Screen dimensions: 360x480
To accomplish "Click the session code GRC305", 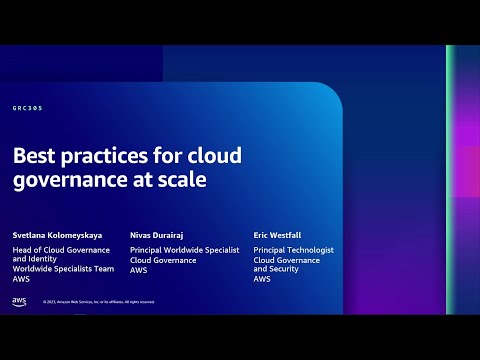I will pos(27,108).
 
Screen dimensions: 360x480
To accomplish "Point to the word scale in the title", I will pos(180,181).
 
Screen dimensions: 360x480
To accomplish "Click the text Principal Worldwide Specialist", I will pos(185,250).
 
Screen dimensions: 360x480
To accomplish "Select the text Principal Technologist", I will pos(293,250).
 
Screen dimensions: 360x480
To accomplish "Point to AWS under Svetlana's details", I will pos(21,280).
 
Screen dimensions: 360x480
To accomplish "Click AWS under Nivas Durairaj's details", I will pos(139,270).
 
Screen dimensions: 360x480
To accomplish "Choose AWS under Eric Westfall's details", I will pos(262,280).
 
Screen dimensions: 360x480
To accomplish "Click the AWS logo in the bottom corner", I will pos(20,301).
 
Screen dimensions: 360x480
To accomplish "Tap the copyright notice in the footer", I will pos(98,302).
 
